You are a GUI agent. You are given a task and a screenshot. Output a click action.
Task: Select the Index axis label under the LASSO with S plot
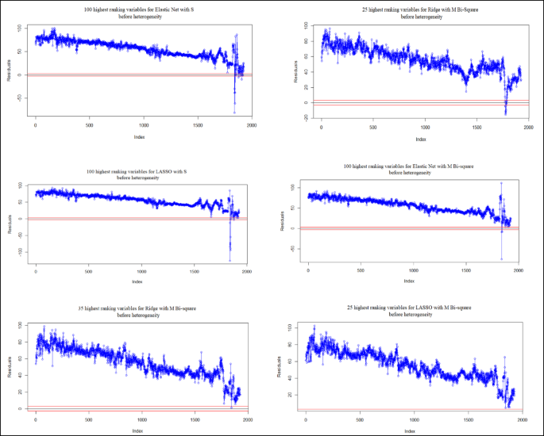137,281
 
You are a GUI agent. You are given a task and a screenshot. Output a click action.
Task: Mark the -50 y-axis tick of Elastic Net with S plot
20,98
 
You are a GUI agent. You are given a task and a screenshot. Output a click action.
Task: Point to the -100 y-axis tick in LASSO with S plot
20,252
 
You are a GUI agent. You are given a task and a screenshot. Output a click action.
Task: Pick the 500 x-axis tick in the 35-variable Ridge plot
89,420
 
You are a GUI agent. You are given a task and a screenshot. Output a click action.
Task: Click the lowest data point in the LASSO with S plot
230,260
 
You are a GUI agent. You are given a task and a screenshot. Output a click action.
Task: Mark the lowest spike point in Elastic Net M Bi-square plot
501,258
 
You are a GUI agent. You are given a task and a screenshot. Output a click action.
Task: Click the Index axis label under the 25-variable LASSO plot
411,430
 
